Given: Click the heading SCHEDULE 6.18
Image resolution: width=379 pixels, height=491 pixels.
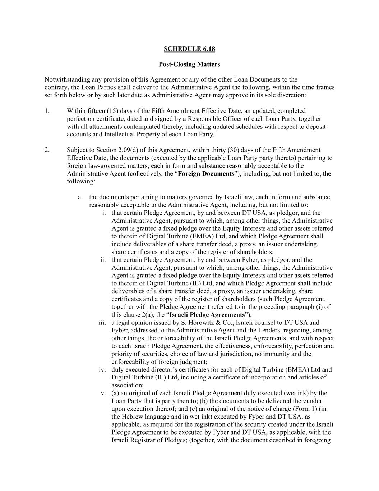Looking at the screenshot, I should coord(189,49).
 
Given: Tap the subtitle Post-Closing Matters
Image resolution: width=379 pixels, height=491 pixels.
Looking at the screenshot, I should coord(189,64).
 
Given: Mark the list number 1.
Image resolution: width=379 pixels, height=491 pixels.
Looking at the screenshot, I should coord(47,111).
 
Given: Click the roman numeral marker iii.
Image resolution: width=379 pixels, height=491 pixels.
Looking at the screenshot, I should coord(102,323).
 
